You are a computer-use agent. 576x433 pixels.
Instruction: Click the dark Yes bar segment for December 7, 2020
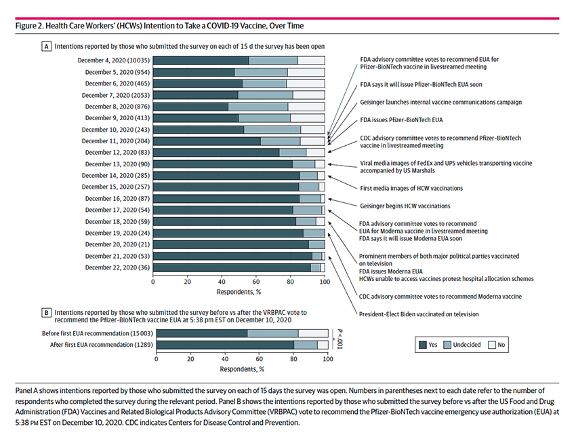pos(195,96)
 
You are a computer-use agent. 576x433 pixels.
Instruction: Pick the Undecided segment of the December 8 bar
pos(258,107)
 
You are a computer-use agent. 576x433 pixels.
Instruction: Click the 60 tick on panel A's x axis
pos(256,282)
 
